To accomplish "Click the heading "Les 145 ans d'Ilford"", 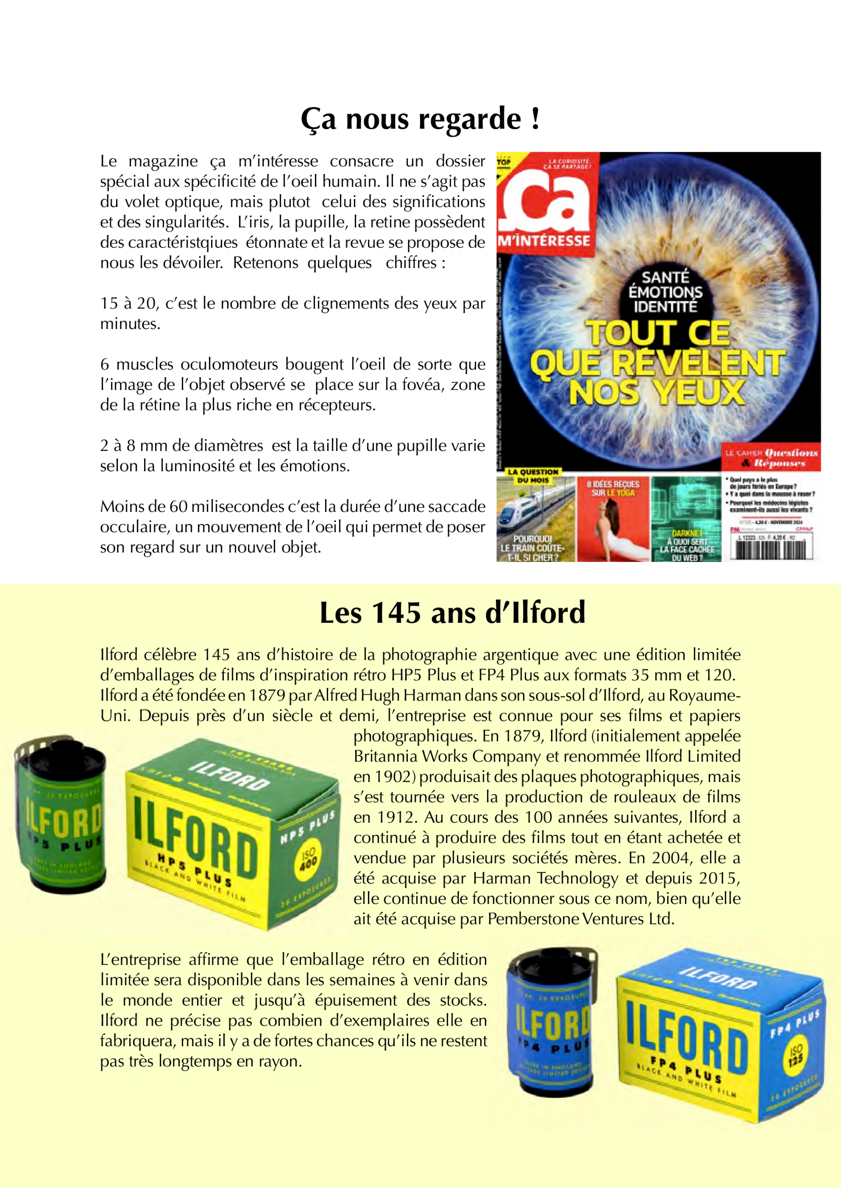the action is click(x=452, y=613).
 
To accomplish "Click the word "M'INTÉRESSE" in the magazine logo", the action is click(x=544, y=241).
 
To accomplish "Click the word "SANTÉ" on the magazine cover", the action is click(x=665, y=278).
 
